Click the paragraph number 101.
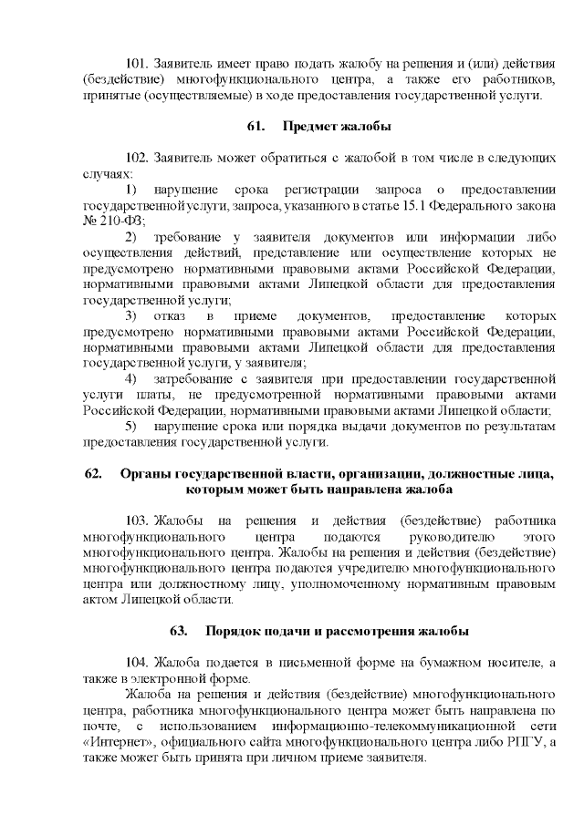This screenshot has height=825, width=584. [137, 63]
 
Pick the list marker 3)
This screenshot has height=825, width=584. [130, 315]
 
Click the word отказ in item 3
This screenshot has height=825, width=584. [170, 315]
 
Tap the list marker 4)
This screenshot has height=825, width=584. [130, 378]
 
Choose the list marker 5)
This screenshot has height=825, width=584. [130, 426]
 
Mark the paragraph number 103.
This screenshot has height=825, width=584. [137, 521]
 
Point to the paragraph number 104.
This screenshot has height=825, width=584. [137, 662]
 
